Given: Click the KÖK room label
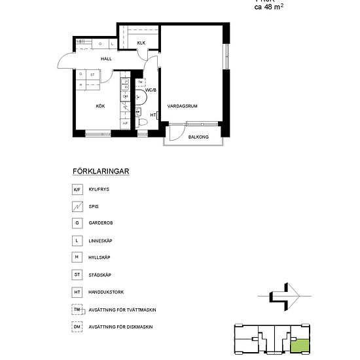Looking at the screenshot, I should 100,105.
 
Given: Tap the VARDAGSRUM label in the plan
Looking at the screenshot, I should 183,105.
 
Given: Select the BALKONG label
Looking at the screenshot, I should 198,137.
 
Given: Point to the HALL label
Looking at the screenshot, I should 106,59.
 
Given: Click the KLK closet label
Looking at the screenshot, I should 141,43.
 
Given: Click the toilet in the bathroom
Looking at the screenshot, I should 140,122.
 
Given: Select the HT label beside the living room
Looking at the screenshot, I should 153,115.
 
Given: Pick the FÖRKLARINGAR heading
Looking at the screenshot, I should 100,171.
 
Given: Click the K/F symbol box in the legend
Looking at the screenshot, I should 77,189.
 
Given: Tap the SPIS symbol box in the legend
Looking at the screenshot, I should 77,206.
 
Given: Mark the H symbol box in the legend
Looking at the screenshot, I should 77,257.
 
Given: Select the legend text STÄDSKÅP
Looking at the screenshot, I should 100,275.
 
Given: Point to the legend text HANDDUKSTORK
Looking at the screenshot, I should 106,292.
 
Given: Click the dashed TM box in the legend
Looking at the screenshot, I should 77,309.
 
